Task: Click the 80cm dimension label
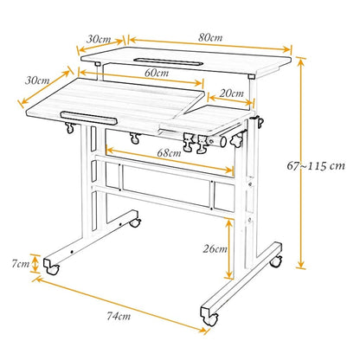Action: coord(210,38)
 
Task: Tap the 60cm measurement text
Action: coord(157,73)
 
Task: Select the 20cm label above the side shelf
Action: coord(231,93)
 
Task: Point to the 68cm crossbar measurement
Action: coord(169,152)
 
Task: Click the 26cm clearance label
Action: coord(215,248)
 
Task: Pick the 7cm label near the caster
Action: coord(21,264)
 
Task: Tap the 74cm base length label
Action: coord(119,316)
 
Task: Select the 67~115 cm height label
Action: coord(316,166)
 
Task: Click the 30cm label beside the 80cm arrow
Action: coord(99,39)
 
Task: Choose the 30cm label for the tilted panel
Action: coord(37,80)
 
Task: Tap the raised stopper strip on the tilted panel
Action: coord(89,118)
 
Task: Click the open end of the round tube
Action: coord(223,142)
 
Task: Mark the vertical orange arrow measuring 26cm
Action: coord(228,248)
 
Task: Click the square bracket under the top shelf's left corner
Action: coord(97,63)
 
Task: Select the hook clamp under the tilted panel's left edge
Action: coord(69,128)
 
